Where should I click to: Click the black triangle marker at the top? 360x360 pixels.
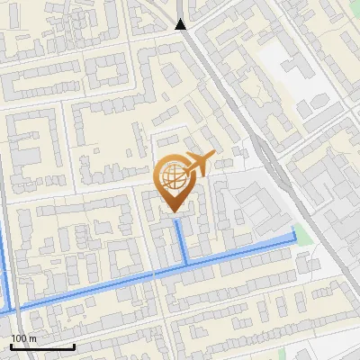(181, 24)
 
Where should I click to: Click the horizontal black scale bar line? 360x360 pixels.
(42, 346)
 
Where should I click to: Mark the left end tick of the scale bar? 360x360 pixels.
(12, 345)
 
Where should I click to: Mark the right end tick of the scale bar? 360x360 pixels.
(74, 345)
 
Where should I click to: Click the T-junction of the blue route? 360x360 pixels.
(186, 263)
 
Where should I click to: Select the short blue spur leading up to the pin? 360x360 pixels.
(180, 238)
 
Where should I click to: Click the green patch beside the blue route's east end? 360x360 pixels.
(302, 236)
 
